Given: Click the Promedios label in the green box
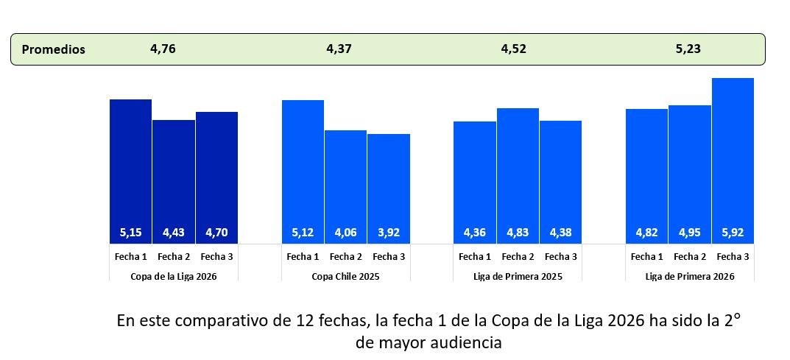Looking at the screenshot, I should [54, 50].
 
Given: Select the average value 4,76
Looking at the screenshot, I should [163, 49].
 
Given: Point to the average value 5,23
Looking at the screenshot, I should [688, 49].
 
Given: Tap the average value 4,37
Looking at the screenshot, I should [339, 49].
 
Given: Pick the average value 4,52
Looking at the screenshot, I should [514, 49].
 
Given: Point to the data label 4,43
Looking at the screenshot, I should [174, 233].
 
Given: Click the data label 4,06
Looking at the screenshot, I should [346, 233].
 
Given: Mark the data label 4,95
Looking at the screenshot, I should [690, 233].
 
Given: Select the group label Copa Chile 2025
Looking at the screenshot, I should [346, 276].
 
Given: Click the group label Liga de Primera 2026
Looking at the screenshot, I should [690, 276].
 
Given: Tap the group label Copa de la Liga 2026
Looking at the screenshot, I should [174, 276].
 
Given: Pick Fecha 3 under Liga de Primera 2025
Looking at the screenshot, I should [560, 257].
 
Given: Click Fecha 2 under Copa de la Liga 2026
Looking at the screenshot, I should [174, 257].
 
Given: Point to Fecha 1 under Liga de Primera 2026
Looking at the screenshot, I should [647, 257].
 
